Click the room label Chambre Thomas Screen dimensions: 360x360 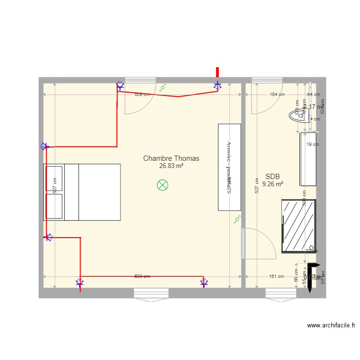[x=171, y=158]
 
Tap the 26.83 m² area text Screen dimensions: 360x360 [x=171, y=166]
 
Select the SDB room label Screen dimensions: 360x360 [x=272, y=176]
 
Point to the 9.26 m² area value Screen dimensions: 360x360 [x=272, y=183]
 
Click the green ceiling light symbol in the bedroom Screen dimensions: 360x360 [x=163, y=185]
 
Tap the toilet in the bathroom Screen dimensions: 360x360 [x=298, y=115]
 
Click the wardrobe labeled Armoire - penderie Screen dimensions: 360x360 [x=229, y=167]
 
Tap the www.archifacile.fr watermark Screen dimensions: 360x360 [x=331, y=325]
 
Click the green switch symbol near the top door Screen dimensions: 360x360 [x=163, y=88]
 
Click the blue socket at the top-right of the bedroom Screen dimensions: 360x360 [x=217, y=86]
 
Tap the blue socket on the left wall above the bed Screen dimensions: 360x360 [x=45, y=146]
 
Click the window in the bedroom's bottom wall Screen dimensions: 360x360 [x=151, y=293]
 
